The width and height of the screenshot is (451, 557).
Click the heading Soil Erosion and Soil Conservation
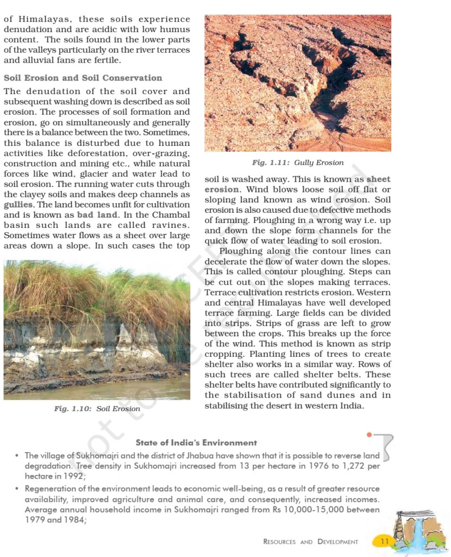[83, 78]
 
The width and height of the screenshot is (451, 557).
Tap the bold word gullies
[18, 205]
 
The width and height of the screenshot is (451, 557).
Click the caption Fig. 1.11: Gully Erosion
[297, 163]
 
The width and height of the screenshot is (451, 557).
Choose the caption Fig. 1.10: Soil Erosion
[97, 409]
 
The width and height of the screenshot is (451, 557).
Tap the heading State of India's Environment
[196, 443]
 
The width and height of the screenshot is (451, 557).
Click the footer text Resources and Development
[310, 542]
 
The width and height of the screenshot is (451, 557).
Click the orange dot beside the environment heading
[369, 435]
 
